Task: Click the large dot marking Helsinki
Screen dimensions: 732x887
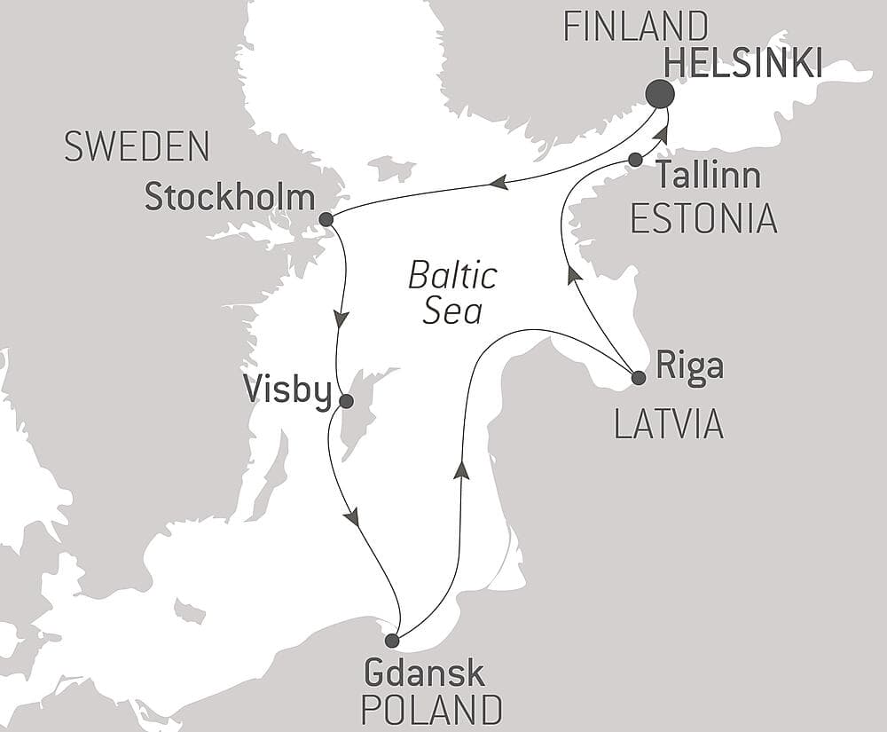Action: pyautogui.click(x=659, y=94)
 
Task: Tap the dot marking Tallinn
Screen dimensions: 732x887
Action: pyautogui.click(x=635, y=160)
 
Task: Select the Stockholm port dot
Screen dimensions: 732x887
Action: pyautogui.click(x=326, y=219)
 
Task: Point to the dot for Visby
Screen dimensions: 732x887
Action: pyautogui.click(x=346, y=402)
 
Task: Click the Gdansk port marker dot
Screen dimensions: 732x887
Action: pyautogui.click(x=392, y=641)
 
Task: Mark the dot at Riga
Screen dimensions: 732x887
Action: pyautogui.click(x=638, y=378)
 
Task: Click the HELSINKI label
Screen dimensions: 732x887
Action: pyautogui.click(x=742, y=63)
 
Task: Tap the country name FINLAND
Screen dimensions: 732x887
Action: pyautogui.click(x=636, y=27)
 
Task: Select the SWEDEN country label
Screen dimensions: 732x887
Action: pyautogui.click(x=137, y=146)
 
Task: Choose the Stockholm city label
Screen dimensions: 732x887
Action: pyautogui.click(x=229, y=198)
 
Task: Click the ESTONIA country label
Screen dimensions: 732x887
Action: pyautogui.click(x=703, y=218)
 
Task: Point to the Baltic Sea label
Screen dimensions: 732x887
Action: pyautogui.click(x=452, y=293)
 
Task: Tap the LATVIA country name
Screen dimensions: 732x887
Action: pyautogui.click(x=669, y=426)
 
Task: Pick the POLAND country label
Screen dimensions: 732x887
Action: pyautogui.click(x=433, y=710)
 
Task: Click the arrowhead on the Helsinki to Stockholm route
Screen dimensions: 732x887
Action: pyautogui.click(x=498, y=183)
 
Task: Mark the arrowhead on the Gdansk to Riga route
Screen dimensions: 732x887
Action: pyautogui.click(x=459, y=470)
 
